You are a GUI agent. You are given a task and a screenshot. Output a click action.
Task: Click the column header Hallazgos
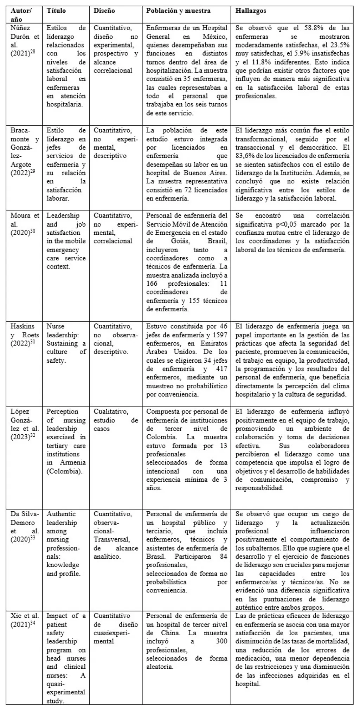[251, 11]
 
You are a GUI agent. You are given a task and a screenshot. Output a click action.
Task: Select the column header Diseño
[104, 11]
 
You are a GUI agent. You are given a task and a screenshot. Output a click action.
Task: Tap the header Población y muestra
[178, 11]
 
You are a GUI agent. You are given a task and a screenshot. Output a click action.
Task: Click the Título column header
[56, 11]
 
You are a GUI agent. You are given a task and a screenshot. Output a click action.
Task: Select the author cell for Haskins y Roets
[25, 335]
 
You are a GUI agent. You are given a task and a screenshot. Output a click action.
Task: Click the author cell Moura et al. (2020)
[25, 224]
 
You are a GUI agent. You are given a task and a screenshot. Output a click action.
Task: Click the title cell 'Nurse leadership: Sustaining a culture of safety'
[66, 343]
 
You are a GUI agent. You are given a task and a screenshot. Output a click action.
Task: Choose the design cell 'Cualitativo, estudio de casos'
[116, 420]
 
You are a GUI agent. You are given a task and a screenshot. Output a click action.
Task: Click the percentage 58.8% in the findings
[303, 28]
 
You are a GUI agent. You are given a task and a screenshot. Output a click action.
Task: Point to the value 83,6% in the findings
[244, 156]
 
